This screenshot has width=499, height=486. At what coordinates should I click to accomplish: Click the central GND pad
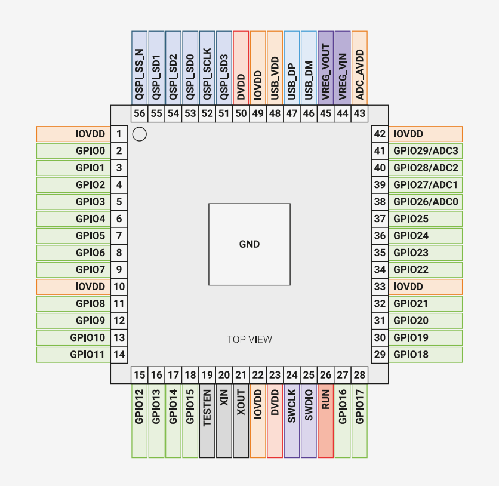click(x=249, y=244)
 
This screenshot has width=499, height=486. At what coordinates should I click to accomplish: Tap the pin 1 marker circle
click(x=140, y=134)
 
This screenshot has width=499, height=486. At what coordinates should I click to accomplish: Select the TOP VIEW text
click(x=249, y=340)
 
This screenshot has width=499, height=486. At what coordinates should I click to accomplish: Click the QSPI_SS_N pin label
click(x=140, y=68)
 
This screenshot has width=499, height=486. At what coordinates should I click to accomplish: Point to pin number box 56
click(x=140, y=113)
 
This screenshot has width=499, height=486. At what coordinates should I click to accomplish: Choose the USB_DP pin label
click(x=292, y=68)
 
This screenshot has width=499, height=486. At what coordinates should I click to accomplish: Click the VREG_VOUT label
click(x=325, y=68)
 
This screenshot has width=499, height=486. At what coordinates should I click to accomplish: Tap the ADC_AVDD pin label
click(x=359, y=68)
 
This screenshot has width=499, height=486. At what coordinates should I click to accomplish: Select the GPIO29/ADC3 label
click(x=426, y=151)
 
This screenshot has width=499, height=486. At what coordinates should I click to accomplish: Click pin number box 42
click(x=380, y=134)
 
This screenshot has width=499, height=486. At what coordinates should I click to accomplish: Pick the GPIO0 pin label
click(x=73, y=151)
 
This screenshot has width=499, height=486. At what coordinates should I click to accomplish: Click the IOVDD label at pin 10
click(x=73, y=287)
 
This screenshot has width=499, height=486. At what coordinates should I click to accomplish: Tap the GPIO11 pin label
click(x=73, y=355)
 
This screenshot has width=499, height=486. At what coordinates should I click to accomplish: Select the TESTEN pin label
click(x=207, y=421)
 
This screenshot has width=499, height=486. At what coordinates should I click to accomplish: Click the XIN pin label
click(x=224, y=421)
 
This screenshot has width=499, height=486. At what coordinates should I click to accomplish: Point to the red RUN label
click(x=325, y=421)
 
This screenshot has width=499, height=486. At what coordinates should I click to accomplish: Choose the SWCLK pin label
click(x=292, y=421)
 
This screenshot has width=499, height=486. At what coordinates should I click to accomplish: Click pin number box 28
click(x=359, y=375)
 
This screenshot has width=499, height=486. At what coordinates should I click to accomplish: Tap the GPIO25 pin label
click(x=426, y=219)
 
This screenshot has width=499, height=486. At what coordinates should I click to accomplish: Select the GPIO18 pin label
click(x=426, y=355)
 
